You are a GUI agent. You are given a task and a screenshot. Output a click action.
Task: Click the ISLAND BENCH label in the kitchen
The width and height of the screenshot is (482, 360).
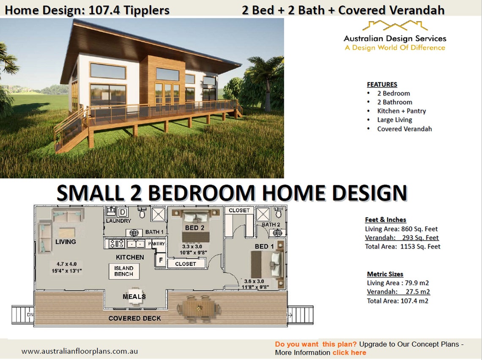(123, 271)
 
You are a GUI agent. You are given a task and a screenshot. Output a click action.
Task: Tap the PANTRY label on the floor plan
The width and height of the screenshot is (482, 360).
(156, 244)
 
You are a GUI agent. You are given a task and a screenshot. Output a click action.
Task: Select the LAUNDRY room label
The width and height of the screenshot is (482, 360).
(118, 221)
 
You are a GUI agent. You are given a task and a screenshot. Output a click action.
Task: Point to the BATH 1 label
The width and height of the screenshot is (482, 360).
(155, 232)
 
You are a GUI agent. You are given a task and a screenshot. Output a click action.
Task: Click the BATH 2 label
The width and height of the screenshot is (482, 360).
(271, 224)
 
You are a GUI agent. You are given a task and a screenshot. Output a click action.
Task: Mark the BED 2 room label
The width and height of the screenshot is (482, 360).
(194, 228)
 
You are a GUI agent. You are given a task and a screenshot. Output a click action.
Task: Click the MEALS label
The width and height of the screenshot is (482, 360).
(134, 296)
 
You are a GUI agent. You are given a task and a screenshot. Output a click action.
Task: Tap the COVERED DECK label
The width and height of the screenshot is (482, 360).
(134, 318)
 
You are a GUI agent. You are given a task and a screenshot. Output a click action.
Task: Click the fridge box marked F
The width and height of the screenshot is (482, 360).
(161, 260)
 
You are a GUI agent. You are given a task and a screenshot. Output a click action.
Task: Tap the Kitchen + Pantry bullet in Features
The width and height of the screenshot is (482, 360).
(401, 111)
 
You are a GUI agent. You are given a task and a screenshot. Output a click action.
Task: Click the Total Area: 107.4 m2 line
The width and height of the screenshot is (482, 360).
(397, 301)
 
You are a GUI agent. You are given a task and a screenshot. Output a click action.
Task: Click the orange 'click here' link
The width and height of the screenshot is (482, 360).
(349, 352)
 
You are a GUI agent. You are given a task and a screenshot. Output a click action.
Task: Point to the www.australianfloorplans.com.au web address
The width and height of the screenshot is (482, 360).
(79, 351)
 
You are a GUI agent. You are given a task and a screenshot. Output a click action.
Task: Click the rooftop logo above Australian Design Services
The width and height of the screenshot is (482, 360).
(394, 26)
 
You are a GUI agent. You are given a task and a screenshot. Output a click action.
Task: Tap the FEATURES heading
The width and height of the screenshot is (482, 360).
(382, 84)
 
